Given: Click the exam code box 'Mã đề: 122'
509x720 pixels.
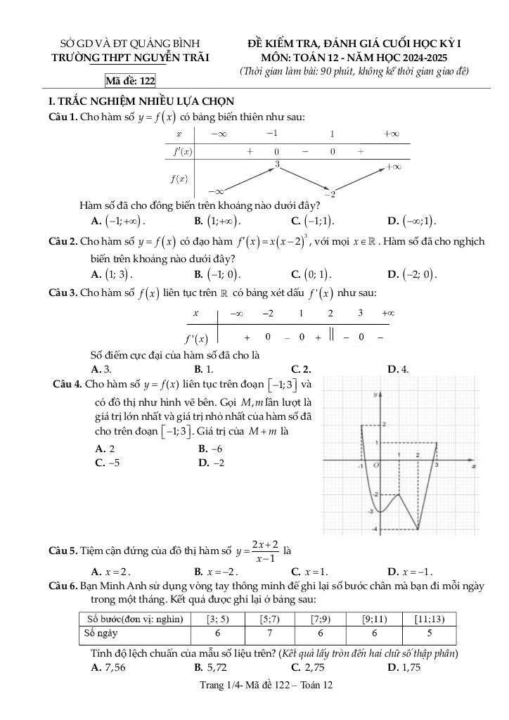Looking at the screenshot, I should [130, 82].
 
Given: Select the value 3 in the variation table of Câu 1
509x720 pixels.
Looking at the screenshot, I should [278, 164].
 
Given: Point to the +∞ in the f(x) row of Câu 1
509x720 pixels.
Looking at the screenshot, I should [393, 167].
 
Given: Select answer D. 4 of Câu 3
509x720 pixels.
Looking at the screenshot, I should [399, 368].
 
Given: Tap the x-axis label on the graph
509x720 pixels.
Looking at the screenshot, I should [475, 466].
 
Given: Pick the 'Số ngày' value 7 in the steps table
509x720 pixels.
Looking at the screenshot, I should [269, 632].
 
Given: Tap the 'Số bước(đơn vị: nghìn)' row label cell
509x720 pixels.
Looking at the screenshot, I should [135, 619].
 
